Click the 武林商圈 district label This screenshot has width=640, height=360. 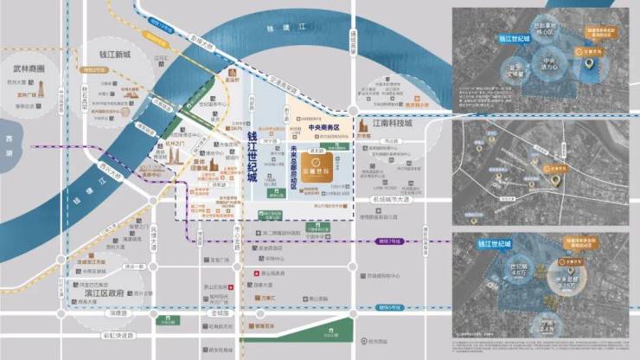(x=34, y=67)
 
